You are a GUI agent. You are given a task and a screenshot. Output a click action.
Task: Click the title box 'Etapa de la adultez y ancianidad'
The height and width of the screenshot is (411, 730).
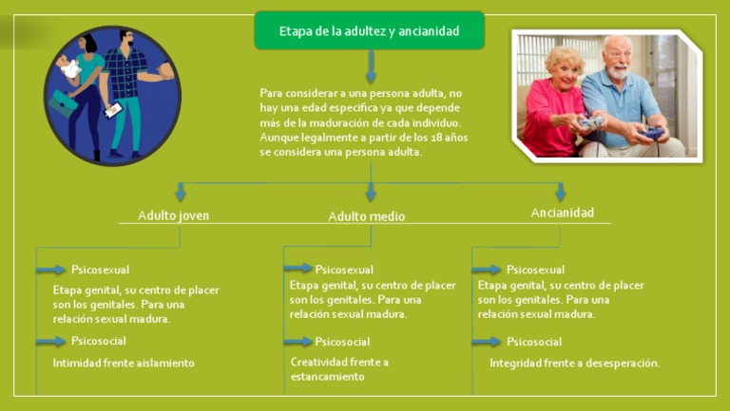coord(369,31)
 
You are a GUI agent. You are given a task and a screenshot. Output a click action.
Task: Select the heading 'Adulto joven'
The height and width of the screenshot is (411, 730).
coord(173,215)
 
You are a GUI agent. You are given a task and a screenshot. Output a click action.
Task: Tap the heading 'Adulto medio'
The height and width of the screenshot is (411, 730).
coord(366,216)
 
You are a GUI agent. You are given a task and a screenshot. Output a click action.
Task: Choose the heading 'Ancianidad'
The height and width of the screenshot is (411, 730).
coord(562,213)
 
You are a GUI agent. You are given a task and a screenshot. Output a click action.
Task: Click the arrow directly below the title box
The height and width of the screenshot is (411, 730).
coord(371,66)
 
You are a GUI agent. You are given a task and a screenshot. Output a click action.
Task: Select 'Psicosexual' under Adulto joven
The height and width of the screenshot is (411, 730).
coord(100,270)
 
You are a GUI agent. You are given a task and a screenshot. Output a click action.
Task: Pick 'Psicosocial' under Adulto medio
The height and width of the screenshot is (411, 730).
coord(342,342)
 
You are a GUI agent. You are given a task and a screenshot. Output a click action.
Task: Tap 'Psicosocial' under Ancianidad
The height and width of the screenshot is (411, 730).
coord(533,342)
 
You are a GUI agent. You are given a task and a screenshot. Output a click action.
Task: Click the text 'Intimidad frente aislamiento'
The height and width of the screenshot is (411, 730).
coord(124,363)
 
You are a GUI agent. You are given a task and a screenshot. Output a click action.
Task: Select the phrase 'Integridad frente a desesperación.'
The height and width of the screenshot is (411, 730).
coord(574,363)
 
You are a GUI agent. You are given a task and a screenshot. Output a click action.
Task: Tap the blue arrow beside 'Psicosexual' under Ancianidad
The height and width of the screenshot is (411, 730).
coord(487,270)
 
